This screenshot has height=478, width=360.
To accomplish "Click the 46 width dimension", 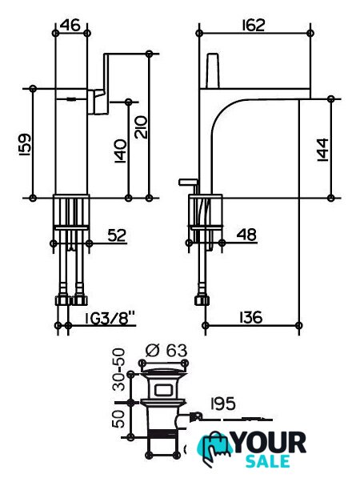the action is (70, 25).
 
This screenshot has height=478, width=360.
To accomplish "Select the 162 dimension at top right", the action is (254, 25).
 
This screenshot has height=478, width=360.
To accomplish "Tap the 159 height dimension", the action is (24, 144).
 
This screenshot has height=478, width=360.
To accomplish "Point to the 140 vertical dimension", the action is (120, 151).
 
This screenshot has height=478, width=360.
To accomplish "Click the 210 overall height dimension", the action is (141, 127).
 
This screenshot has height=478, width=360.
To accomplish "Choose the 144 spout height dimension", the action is (323, 150).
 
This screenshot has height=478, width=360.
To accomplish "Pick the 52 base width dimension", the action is (117, 235).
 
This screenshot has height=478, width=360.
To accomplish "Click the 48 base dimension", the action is (246, 235).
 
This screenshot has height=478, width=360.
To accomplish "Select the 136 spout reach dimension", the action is (250, 317).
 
